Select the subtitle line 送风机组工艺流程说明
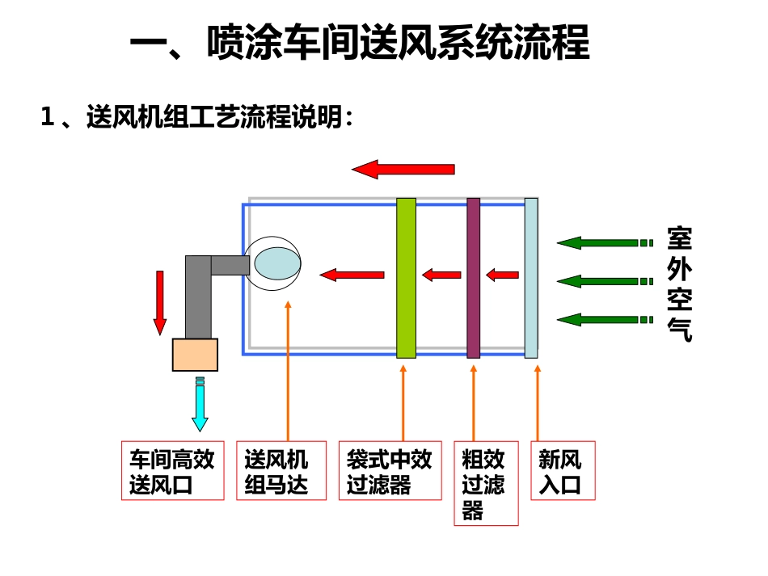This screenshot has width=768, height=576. click(197, 118)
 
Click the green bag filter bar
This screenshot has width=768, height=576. click(406, 277)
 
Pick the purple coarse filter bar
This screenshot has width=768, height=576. click(473, 277)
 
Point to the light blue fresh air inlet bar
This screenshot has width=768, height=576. click(530, 277)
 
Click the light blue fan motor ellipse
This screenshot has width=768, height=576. click(276, 263)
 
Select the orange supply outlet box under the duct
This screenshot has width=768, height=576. click(195, 355)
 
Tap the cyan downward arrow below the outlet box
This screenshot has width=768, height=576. click(200, 406)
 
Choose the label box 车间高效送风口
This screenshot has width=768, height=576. click(172, 470)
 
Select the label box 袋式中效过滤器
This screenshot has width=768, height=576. click(389, 470)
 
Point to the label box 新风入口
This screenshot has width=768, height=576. click(563, 470)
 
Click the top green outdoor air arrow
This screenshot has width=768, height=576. click(603, 242)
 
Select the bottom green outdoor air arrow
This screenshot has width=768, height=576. click(603, 319)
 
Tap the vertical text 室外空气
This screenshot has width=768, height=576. click(679, 284)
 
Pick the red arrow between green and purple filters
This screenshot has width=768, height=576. click(441, 275)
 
